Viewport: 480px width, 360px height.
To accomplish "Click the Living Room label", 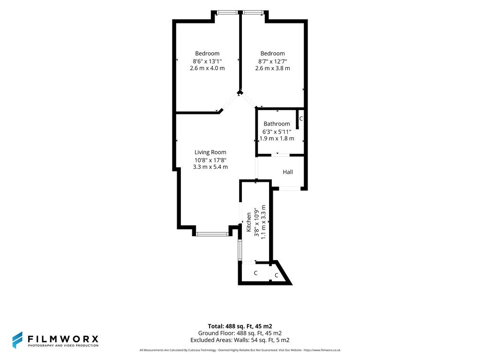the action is pos(210,152).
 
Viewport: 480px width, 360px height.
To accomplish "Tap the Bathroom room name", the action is pos(277,124).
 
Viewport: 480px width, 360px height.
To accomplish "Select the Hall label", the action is pos(288,172).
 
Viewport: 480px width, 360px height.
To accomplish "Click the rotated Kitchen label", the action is pos(248,222).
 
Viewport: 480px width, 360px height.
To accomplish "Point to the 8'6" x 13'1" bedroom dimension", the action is pos(207,61).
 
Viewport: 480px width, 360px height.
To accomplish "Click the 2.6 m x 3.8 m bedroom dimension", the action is pos(272,68).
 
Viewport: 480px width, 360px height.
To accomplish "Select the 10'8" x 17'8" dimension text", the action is pos(210,160).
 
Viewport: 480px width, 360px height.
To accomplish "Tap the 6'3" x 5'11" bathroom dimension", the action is pos(277,132).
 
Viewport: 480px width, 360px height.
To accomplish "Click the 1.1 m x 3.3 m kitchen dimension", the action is pos(263,222).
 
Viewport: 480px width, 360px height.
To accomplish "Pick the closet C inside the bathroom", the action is pos(301,119).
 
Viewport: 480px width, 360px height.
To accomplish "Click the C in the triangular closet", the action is pos(277,276).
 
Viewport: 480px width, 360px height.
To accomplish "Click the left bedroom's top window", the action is pos(227,13).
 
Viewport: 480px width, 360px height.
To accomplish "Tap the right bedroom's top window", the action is pos(253,13).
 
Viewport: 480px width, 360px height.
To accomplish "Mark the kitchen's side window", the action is pos(240,250).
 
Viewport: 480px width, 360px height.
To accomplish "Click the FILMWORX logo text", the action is pos(63,339).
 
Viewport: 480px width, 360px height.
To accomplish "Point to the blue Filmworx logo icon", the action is pos(17,340).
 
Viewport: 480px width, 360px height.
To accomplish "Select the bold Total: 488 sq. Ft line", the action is pos(240,326).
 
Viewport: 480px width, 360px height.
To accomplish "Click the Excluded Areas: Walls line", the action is pos(240,340).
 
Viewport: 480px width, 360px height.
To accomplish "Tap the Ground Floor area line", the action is pos(240,333).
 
